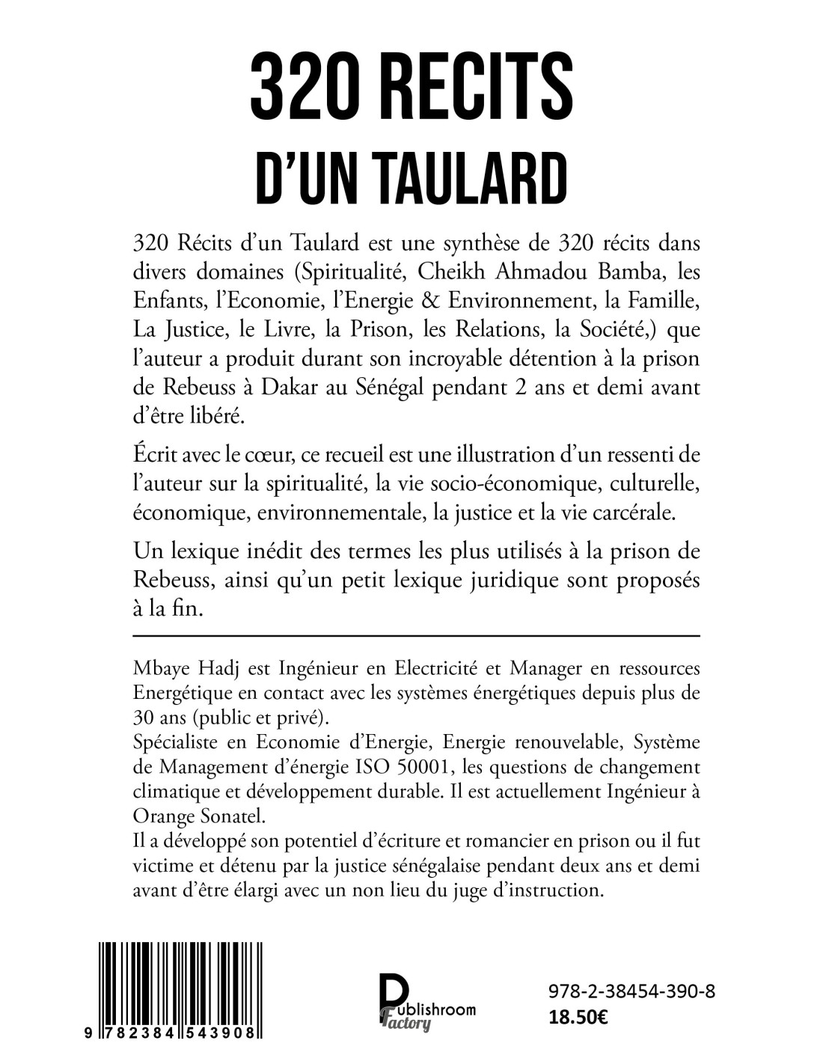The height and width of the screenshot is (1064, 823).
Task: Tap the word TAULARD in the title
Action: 457,180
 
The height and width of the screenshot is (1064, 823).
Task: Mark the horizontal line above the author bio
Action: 415,635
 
